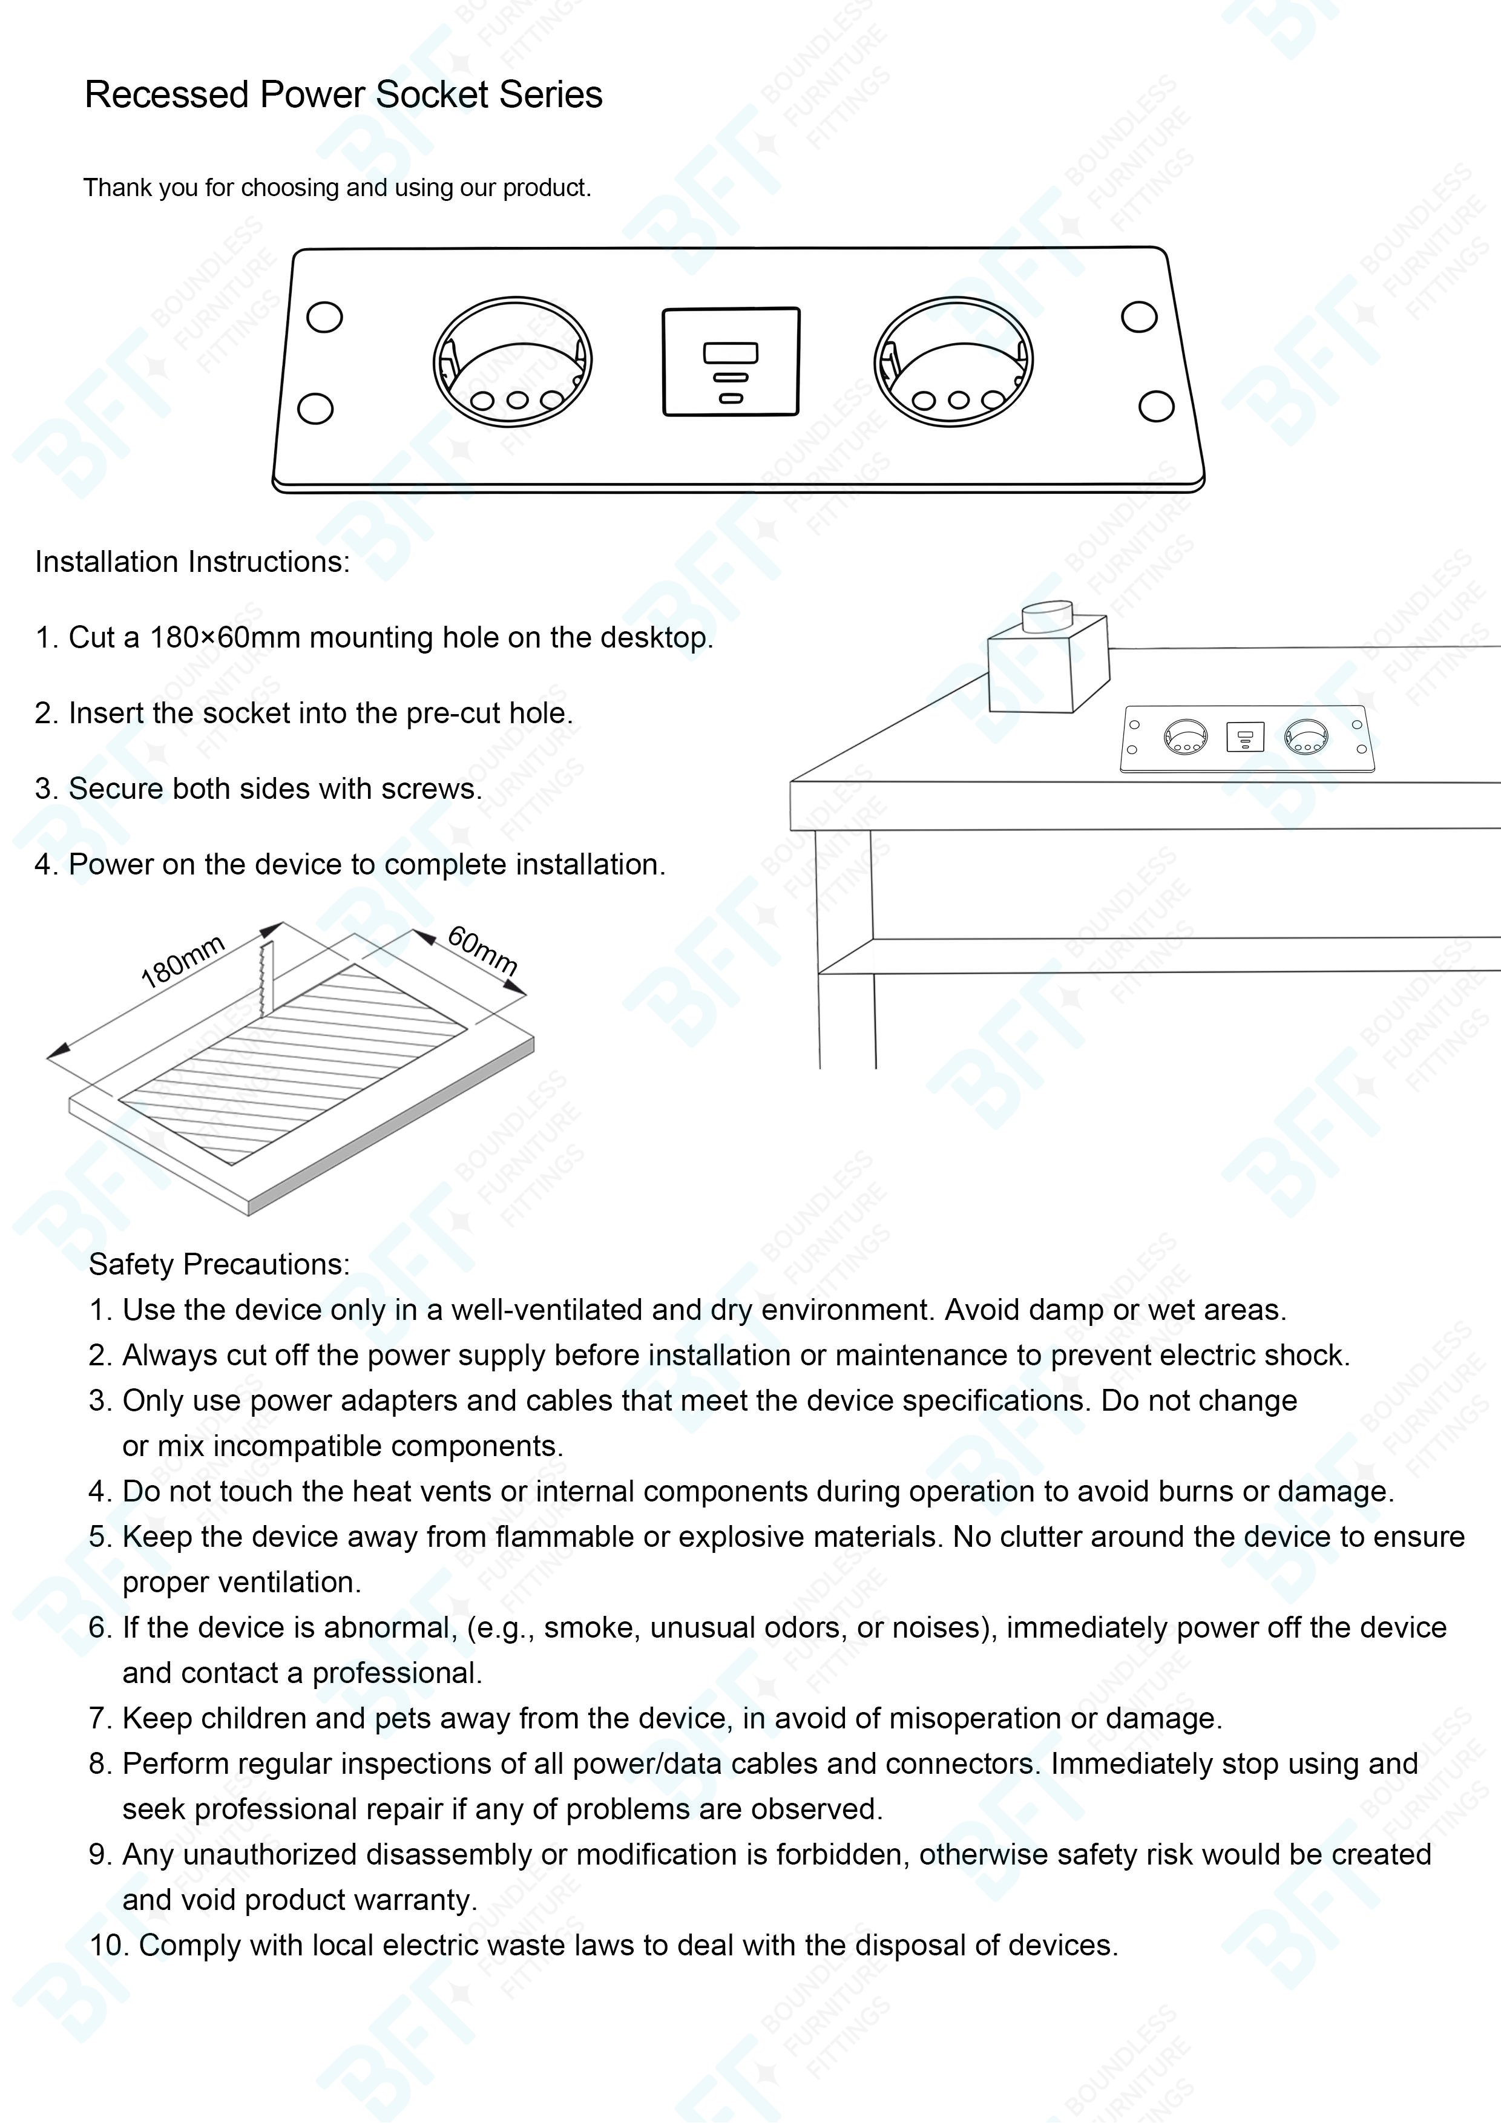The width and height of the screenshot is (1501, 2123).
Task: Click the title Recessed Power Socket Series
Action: (343, 95)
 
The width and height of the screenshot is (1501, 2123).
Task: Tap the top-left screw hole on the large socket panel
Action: (324, 317)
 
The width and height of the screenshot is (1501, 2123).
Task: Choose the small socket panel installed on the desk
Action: (1245, 738)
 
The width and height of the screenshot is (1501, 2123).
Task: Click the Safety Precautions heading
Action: (219, 1265)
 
